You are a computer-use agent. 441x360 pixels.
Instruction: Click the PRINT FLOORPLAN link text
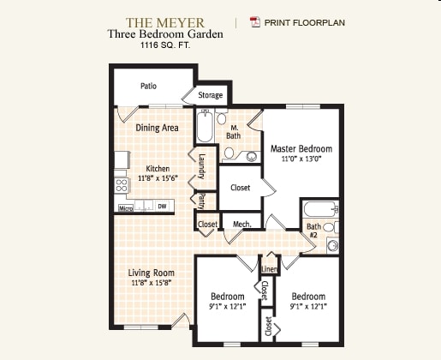click(305, 22)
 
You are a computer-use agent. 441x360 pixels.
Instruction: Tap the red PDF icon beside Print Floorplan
click(253, 22)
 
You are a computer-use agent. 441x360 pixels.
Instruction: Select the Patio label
click(150, 86)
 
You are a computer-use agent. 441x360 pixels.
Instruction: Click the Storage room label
click(211, 95)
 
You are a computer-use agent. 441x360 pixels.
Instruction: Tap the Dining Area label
click(157, 128)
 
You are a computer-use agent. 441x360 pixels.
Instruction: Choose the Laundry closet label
click(202, 165)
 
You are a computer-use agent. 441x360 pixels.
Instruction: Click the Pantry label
click(202, 201)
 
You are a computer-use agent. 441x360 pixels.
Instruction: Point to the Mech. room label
click(241, 225)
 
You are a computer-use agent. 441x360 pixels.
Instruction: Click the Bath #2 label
click(313, 230)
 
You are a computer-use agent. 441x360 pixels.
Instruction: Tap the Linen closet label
click(269, 268)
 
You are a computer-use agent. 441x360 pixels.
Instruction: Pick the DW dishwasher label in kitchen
click(162, 206)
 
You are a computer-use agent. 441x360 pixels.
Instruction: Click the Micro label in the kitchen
click(124, 207)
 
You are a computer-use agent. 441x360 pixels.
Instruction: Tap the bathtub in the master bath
click(206, 129)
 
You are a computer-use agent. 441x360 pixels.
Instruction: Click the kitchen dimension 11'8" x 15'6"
click(157, 178)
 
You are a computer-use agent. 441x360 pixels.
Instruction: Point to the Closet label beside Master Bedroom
click(241, 187)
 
